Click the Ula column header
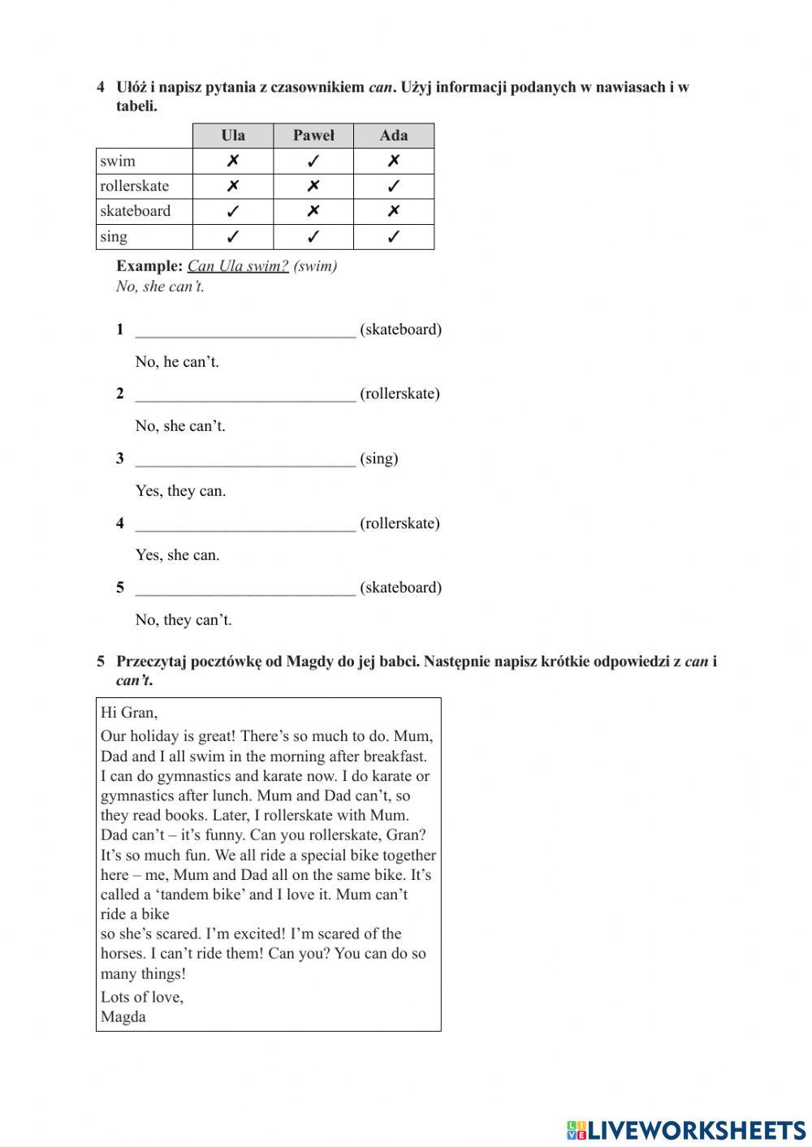(232, 136)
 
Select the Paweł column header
(313, 136)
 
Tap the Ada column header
(394, 136)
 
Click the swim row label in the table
(119, 161)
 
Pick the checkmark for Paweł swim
(313, 161)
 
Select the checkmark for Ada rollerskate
(394, 186)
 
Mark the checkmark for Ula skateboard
(232, 211)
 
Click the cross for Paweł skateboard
(313, 211)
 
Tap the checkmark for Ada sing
(394, 237)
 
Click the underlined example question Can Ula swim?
(238, 266)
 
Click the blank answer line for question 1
(245, 331)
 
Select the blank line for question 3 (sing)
(245, 460)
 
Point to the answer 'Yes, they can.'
(180, 491)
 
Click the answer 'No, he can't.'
(177, 362)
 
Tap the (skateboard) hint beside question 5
(400, 588)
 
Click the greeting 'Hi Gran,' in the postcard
(129, 713)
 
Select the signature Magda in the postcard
(123, 1017)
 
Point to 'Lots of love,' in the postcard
(142, 997)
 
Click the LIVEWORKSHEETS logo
(686, 1130)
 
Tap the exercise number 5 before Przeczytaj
(101, 662)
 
